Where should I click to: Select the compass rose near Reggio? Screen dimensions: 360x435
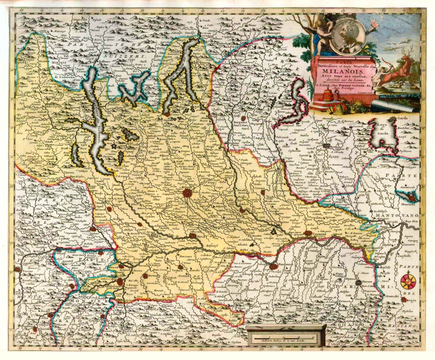click(x=408, y=281)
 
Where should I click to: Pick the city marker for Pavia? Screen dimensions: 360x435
click(x=193, y=236)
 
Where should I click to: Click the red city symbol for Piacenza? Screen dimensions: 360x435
click(x=273, y=265)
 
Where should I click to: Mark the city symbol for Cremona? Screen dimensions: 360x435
click(x=308, y=234)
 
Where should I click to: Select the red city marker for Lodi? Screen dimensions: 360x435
click(x=242, y=210)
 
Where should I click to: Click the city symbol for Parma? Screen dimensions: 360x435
click(x=358, y=283)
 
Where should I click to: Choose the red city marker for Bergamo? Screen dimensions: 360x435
click(x=244, y=118)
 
